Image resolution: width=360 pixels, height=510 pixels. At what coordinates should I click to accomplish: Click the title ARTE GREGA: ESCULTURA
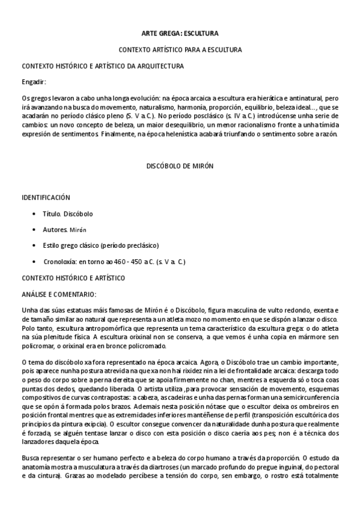[x=180, y=34]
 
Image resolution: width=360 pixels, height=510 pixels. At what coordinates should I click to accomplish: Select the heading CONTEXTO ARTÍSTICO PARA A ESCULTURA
[x=180, y=49]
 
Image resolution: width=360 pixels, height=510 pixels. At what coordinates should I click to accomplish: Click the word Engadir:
[x=34, y=81]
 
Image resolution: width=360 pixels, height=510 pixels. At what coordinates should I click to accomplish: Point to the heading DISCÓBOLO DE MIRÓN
[x=180, y=165]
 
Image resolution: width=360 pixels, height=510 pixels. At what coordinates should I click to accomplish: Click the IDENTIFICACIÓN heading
[x=46, y=197]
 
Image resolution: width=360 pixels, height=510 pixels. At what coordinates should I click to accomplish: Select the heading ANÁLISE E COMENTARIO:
[x=59, y=294]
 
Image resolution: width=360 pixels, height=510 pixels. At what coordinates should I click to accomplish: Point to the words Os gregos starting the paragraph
[x=35, y=97]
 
